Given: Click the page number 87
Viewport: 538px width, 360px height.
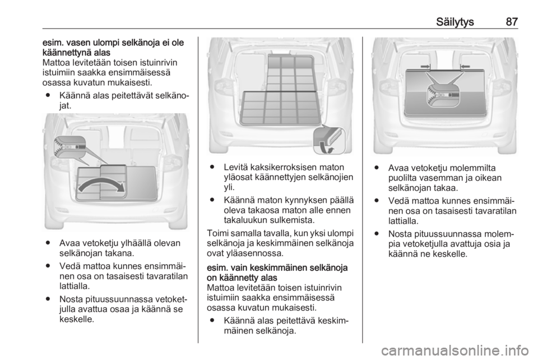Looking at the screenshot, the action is [511, 22].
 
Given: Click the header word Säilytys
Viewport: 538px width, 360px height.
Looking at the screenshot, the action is [455, 22].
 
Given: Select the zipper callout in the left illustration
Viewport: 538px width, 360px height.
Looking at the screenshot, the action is [69, 147].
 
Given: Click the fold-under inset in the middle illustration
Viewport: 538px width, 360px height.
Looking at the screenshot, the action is [329, 140].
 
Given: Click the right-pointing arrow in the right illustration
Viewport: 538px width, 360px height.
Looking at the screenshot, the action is [425, 66].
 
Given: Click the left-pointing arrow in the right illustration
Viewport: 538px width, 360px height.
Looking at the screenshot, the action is [465, 66].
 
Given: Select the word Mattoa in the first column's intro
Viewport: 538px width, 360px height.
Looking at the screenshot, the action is [55, 63].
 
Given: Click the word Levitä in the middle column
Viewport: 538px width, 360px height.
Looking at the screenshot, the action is [236, 167].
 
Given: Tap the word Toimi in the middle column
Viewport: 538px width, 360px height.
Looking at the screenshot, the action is [217, 233].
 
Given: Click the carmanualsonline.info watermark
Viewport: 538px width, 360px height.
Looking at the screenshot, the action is [454, 350].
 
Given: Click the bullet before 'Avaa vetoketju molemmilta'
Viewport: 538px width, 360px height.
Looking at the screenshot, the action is [377, 168].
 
